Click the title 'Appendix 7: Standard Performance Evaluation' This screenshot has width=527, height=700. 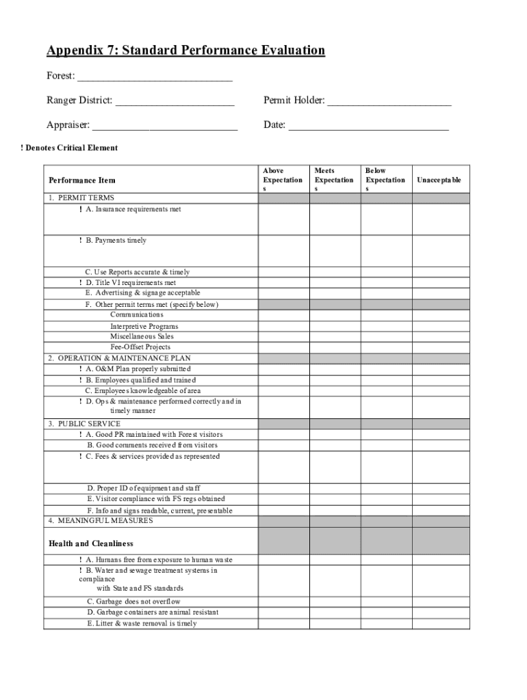tap(185, 51)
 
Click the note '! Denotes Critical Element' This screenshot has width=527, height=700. tap(69, 148)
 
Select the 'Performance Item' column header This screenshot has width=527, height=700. tap(82, 180)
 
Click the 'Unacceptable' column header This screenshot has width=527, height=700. tap(439, 180)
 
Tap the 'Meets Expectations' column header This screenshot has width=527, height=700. tap(334, 180)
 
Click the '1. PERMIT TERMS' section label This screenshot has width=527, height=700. tap(81, 198)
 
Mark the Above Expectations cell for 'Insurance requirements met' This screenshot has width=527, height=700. tap(283, 219)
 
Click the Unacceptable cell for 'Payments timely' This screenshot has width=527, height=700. tap(440, 251)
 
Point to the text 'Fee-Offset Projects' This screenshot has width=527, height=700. tap(140, 347)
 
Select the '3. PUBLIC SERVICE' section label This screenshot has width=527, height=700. tap(84, 424)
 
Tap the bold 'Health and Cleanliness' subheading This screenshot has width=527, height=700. tap(91, 544)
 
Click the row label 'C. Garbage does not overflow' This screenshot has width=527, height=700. tap(133, 602)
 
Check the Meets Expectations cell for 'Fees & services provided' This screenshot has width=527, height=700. tap(335, 467)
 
